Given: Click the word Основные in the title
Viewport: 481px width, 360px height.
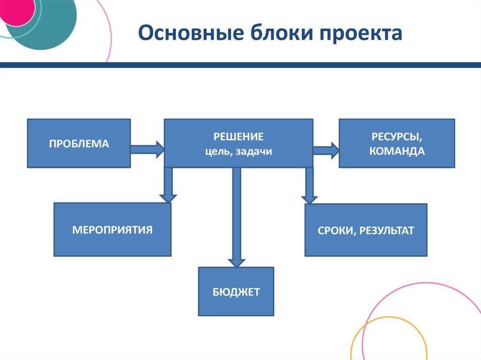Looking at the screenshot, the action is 191,32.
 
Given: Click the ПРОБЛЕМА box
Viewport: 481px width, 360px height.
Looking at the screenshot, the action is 79,143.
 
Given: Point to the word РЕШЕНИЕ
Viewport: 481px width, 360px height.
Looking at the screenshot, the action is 238,137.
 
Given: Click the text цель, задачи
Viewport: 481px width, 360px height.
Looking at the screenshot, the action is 238,152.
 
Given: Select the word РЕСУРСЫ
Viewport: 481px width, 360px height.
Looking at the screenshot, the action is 397,137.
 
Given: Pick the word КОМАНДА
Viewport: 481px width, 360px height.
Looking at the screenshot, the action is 397,151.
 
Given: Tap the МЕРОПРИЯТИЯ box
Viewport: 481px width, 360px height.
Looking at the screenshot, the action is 112,230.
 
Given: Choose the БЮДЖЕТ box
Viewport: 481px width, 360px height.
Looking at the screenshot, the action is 236,291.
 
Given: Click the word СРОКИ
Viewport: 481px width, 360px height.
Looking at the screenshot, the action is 336,230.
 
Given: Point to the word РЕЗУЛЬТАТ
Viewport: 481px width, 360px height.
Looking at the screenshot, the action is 387,230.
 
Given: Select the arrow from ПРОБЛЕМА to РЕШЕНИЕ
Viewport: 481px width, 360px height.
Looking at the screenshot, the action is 147,149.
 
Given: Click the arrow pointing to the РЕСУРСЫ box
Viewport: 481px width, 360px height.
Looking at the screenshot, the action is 326,150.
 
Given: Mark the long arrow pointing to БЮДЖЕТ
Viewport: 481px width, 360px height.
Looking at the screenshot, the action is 237,217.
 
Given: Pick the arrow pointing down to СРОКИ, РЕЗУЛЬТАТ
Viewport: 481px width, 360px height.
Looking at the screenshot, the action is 309,185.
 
